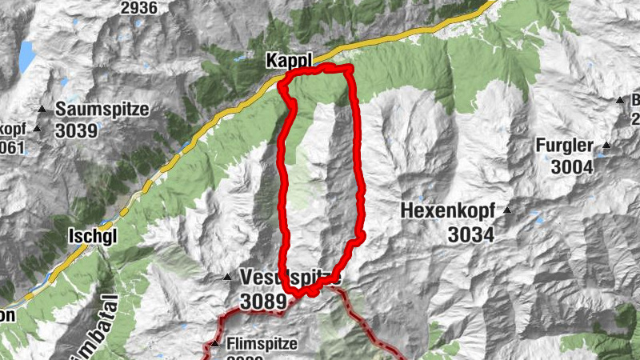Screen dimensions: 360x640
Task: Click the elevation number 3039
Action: click(x=77, y=130)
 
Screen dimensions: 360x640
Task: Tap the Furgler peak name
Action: click(x=566, y=146)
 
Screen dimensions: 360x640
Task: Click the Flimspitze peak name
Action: click(x=262, y=344)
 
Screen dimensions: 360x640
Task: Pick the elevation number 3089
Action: click(x=256, y=301)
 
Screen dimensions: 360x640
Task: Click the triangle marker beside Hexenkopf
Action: click(x=506, y=211)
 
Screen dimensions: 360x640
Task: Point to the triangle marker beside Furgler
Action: click(x=607, y=145)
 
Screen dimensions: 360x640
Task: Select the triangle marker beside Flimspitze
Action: click(x=214, y=344)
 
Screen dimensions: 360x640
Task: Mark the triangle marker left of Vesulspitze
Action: click(x=227, y=278)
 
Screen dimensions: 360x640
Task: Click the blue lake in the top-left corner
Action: click(x=26, y=54)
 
